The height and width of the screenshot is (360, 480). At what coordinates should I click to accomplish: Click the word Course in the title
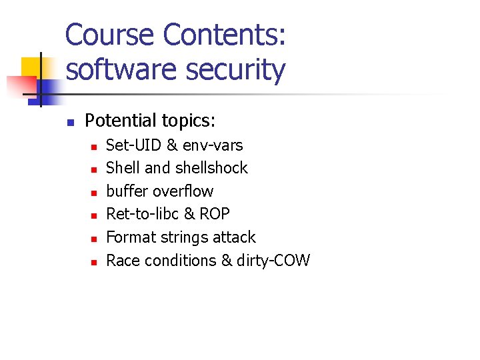tap(110, 35)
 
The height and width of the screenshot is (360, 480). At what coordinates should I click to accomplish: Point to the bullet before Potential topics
tap(69, 122)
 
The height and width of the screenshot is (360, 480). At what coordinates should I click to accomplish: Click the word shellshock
tap(211, 168)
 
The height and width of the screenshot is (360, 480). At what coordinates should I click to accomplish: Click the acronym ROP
tap(215, 214)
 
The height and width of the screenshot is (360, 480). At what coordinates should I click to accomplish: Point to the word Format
tap(129, 237)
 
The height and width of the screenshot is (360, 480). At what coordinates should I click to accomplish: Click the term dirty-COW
tap(273, 260)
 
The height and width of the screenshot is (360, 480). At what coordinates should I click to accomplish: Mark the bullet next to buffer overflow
tap(94, 193)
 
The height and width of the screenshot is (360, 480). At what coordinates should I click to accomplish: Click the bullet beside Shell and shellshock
tap(94, 169)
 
